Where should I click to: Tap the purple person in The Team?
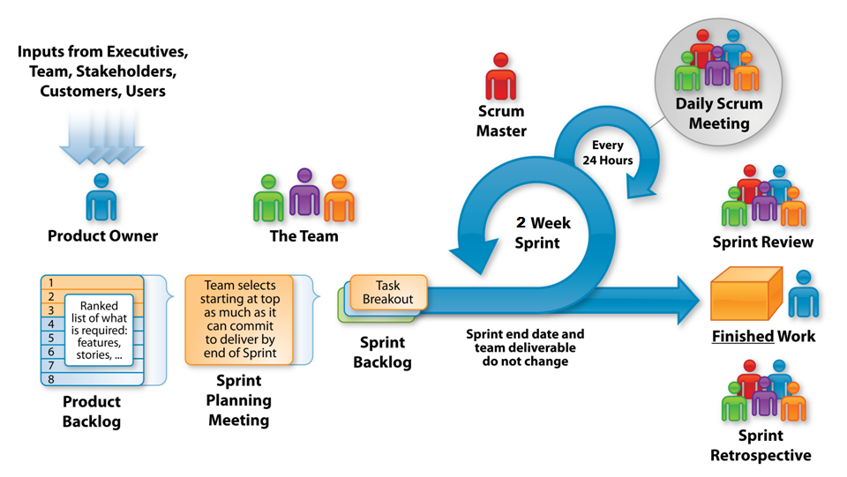point(305,192)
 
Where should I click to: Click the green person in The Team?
point(269,198)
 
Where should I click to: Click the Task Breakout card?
point(388,293)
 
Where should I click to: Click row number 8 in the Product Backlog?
point(51,379)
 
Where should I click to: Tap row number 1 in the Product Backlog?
point(51,282)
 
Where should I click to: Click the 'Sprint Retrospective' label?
point(760,446)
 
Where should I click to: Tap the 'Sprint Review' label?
point(763,242)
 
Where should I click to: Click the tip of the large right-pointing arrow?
point(697,297)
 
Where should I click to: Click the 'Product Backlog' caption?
point(92,412)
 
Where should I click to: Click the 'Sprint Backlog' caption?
point(383,351)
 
